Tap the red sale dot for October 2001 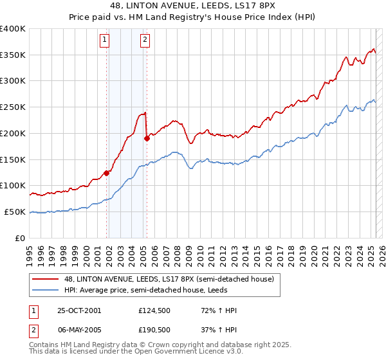107,172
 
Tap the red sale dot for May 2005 147,138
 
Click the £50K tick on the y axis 15,212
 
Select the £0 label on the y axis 21,238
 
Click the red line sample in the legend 46,279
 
